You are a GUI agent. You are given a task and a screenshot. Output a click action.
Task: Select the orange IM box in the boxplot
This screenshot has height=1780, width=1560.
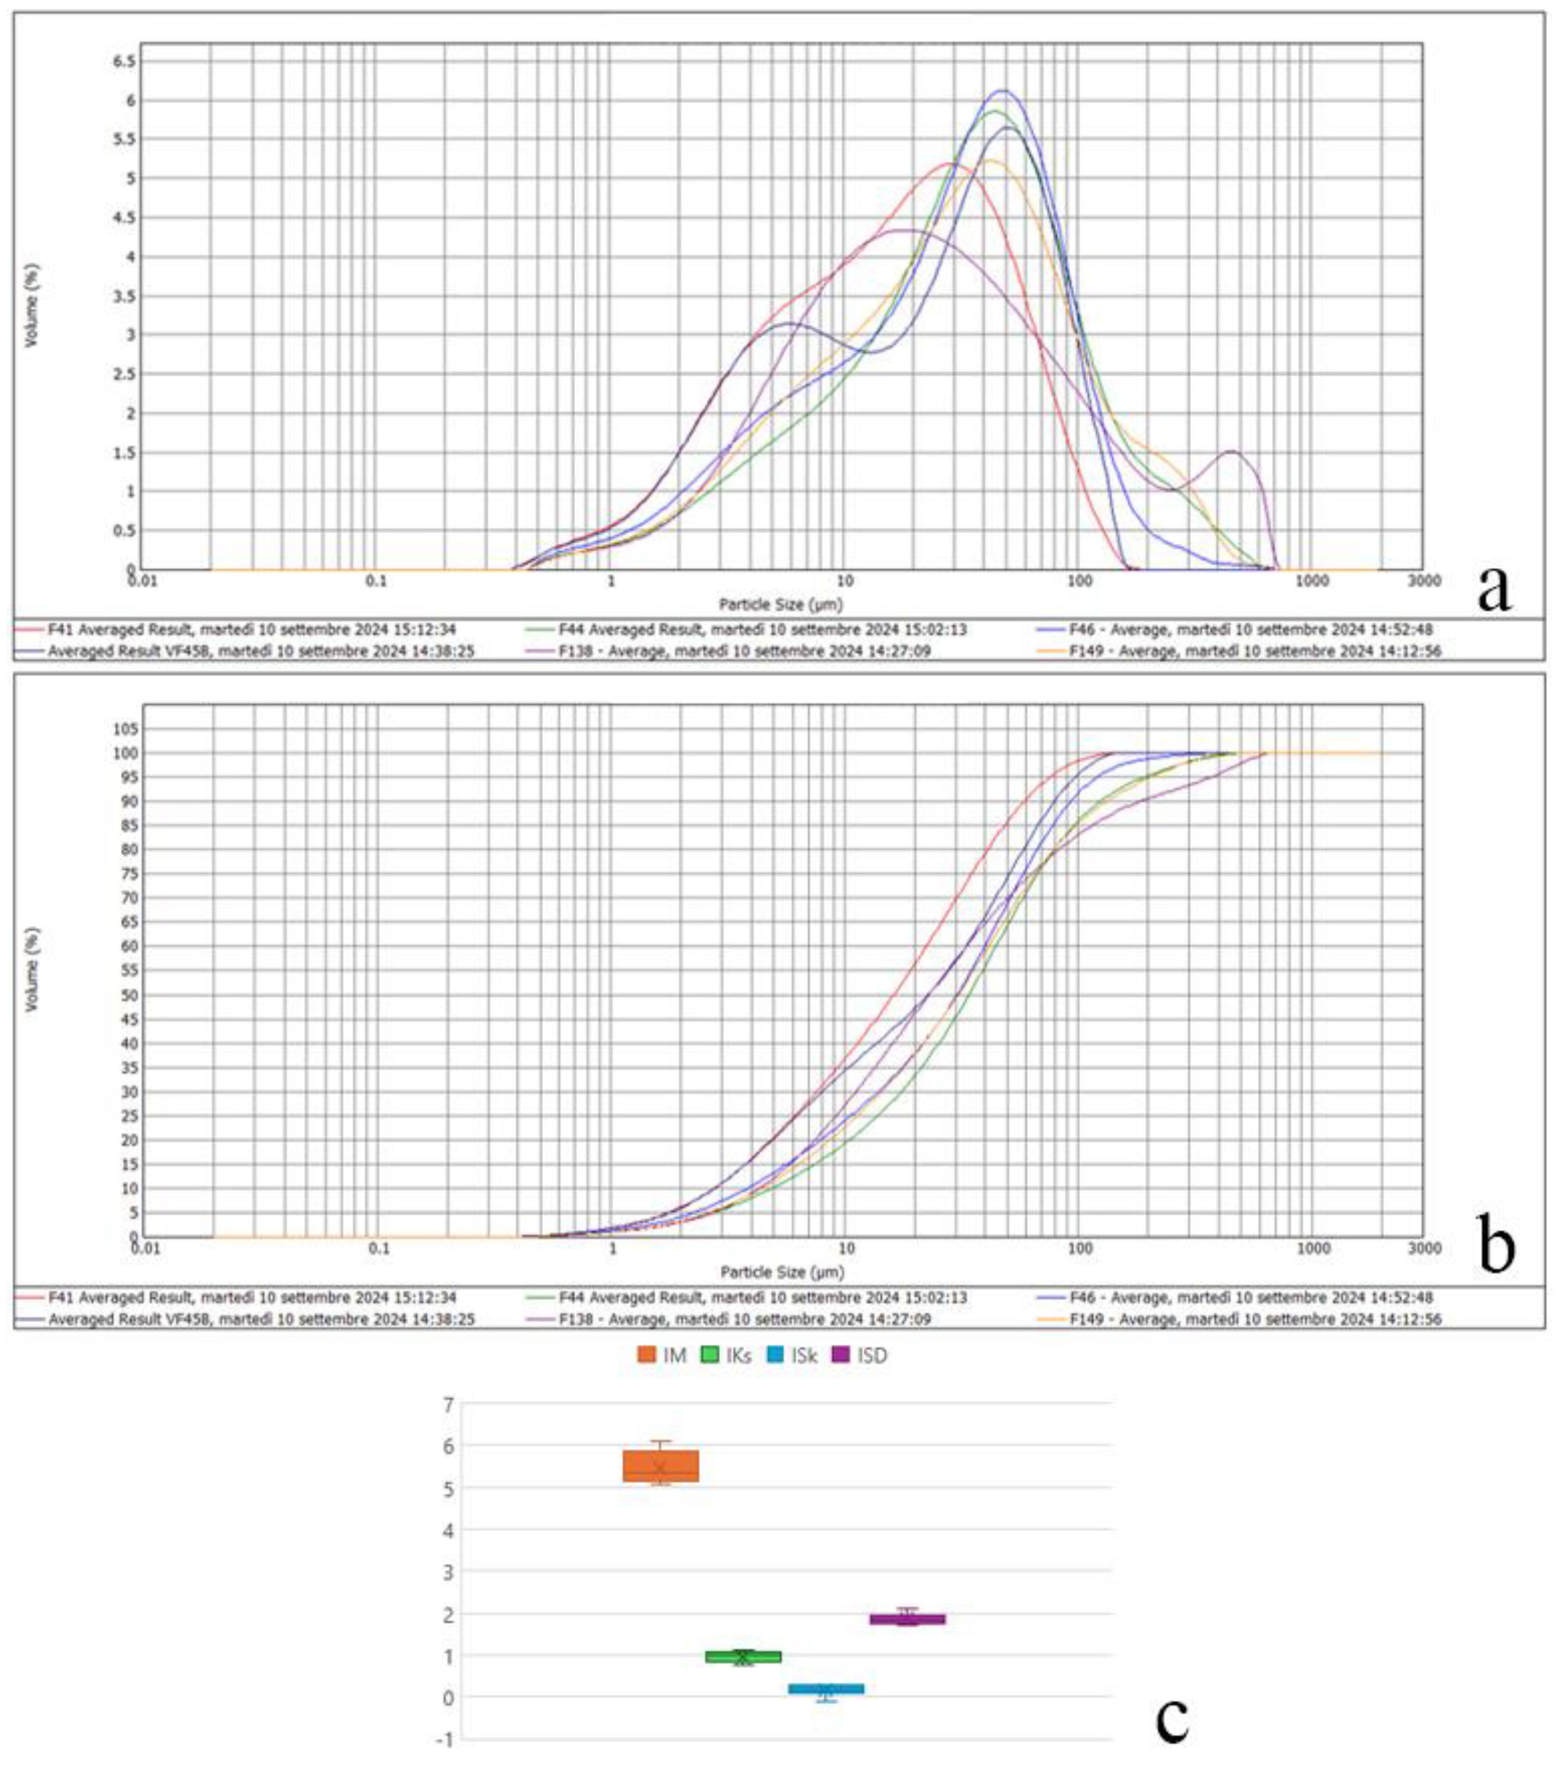(661, 1465)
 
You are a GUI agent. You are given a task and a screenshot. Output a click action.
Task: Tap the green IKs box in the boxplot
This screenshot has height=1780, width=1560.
(742, 1657)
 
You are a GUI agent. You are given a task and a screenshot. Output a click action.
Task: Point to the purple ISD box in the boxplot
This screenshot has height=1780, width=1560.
(907, 1619)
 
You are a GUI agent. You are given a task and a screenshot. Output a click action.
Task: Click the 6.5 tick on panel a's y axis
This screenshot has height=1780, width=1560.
(124, 61)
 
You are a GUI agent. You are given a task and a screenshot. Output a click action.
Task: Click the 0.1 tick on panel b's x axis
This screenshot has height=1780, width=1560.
(380, 1248)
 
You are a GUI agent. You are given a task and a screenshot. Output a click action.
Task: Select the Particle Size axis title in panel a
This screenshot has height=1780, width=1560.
(780, 603)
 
